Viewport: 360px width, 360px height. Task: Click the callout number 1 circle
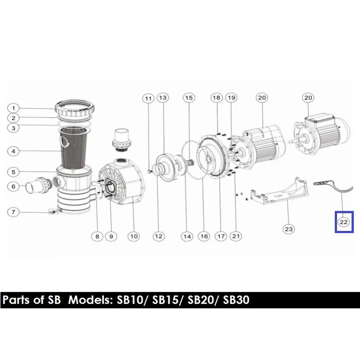(x=13, y=108)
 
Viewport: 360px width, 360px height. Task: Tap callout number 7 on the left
(x=13, y=212)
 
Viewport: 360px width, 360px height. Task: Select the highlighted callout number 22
(x=344, y=222)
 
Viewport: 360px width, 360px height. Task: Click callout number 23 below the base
(x=288, y=229)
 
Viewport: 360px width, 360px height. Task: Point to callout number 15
(x=189, y=98)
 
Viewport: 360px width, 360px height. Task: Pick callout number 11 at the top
(x=148, y=99)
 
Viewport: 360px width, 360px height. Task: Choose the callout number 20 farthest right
(x=308, y=98)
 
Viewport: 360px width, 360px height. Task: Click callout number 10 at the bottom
(x=134, y=236)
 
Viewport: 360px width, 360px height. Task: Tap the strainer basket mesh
(x=74, y=147)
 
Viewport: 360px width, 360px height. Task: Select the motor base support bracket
(x=279, y=190)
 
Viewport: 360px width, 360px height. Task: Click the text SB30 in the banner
(x=236, y=300)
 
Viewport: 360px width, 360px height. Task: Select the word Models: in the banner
(x=90, y=300)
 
